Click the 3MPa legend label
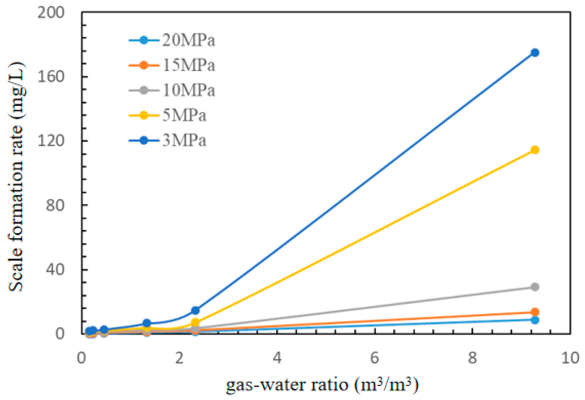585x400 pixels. [x=184, y=140]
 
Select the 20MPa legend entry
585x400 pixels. [x=188, y=40]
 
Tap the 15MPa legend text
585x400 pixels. [x=188, y=65]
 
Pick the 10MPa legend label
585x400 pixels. [x=188, y=90]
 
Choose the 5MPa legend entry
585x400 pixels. [x=184, y=115]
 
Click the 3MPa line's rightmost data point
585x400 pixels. [x=535, y=53]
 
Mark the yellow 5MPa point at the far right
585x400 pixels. [x=535, y=150]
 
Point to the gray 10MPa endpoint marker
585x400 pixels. [x=535, y=287]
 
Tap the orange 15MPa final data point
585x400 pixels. [x=535, y=312]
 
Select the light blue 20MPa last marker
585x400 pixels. [x=535, y=320]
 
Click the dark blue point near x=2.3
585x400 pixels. [x=195, y=310]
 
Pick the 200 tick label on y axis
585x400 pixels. [x=51, y=13]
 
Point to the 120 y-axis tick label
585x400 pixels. [x=51, y=141]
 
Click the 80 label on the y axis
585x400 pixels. [x=55, y=205]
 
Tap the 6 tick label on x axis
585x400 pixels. [x=374, y=358]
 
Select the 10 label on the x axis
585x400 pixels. [x=570, y=358]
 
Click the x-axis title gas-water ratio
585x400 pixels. [x=322, y=385]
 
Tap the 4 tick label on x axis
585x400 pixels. [x=277, y=358]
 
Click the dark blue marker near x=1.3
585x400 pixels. [x=147, y=323]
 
